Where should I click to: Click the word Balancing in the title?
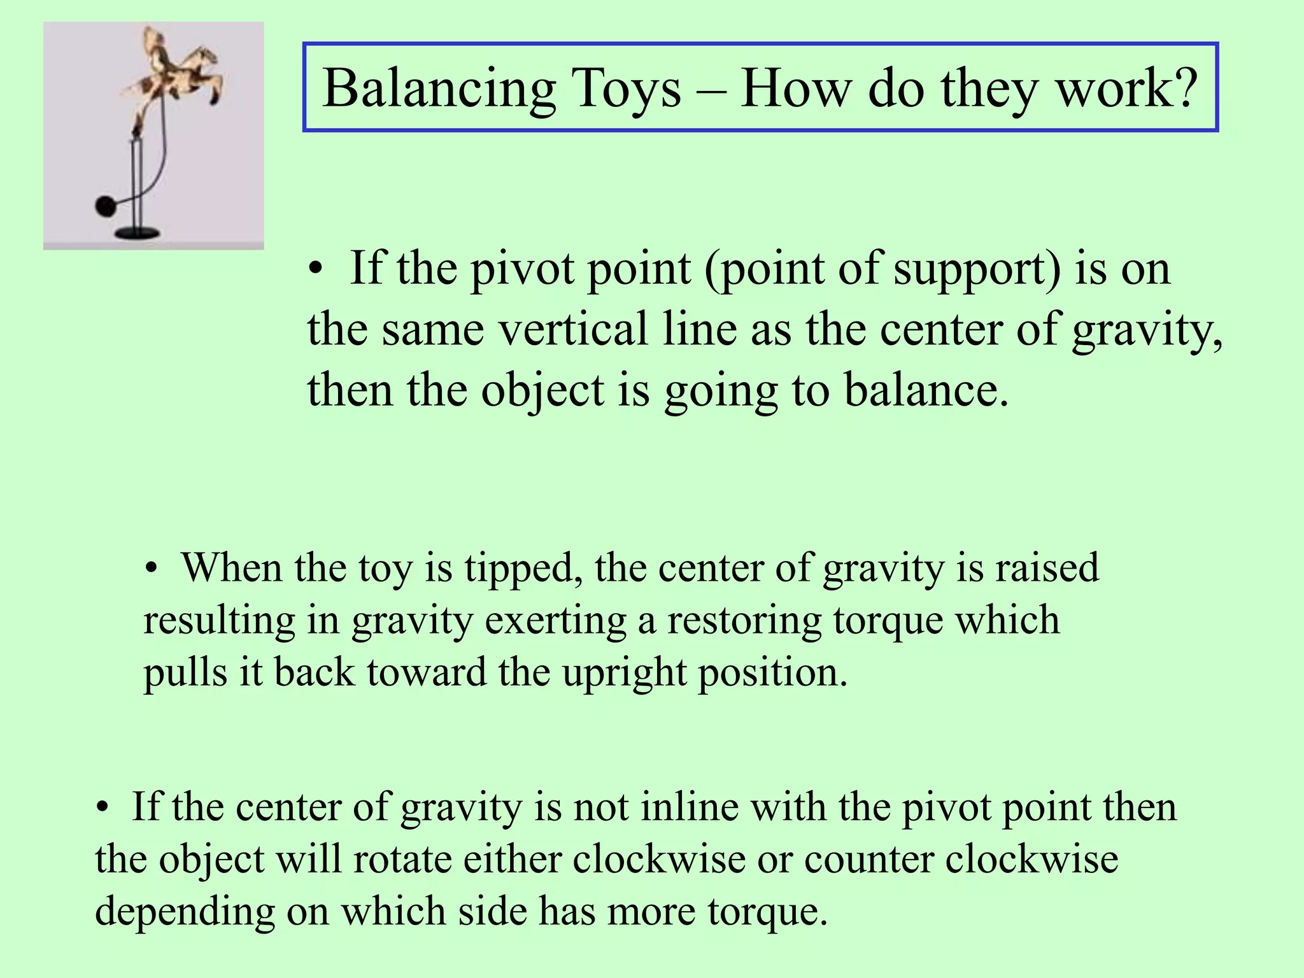click(x=439, y=90)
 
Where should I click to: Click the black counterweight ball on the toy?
click(x=104, y=206)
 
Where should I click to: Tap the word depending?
click(x=185, y=912)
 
